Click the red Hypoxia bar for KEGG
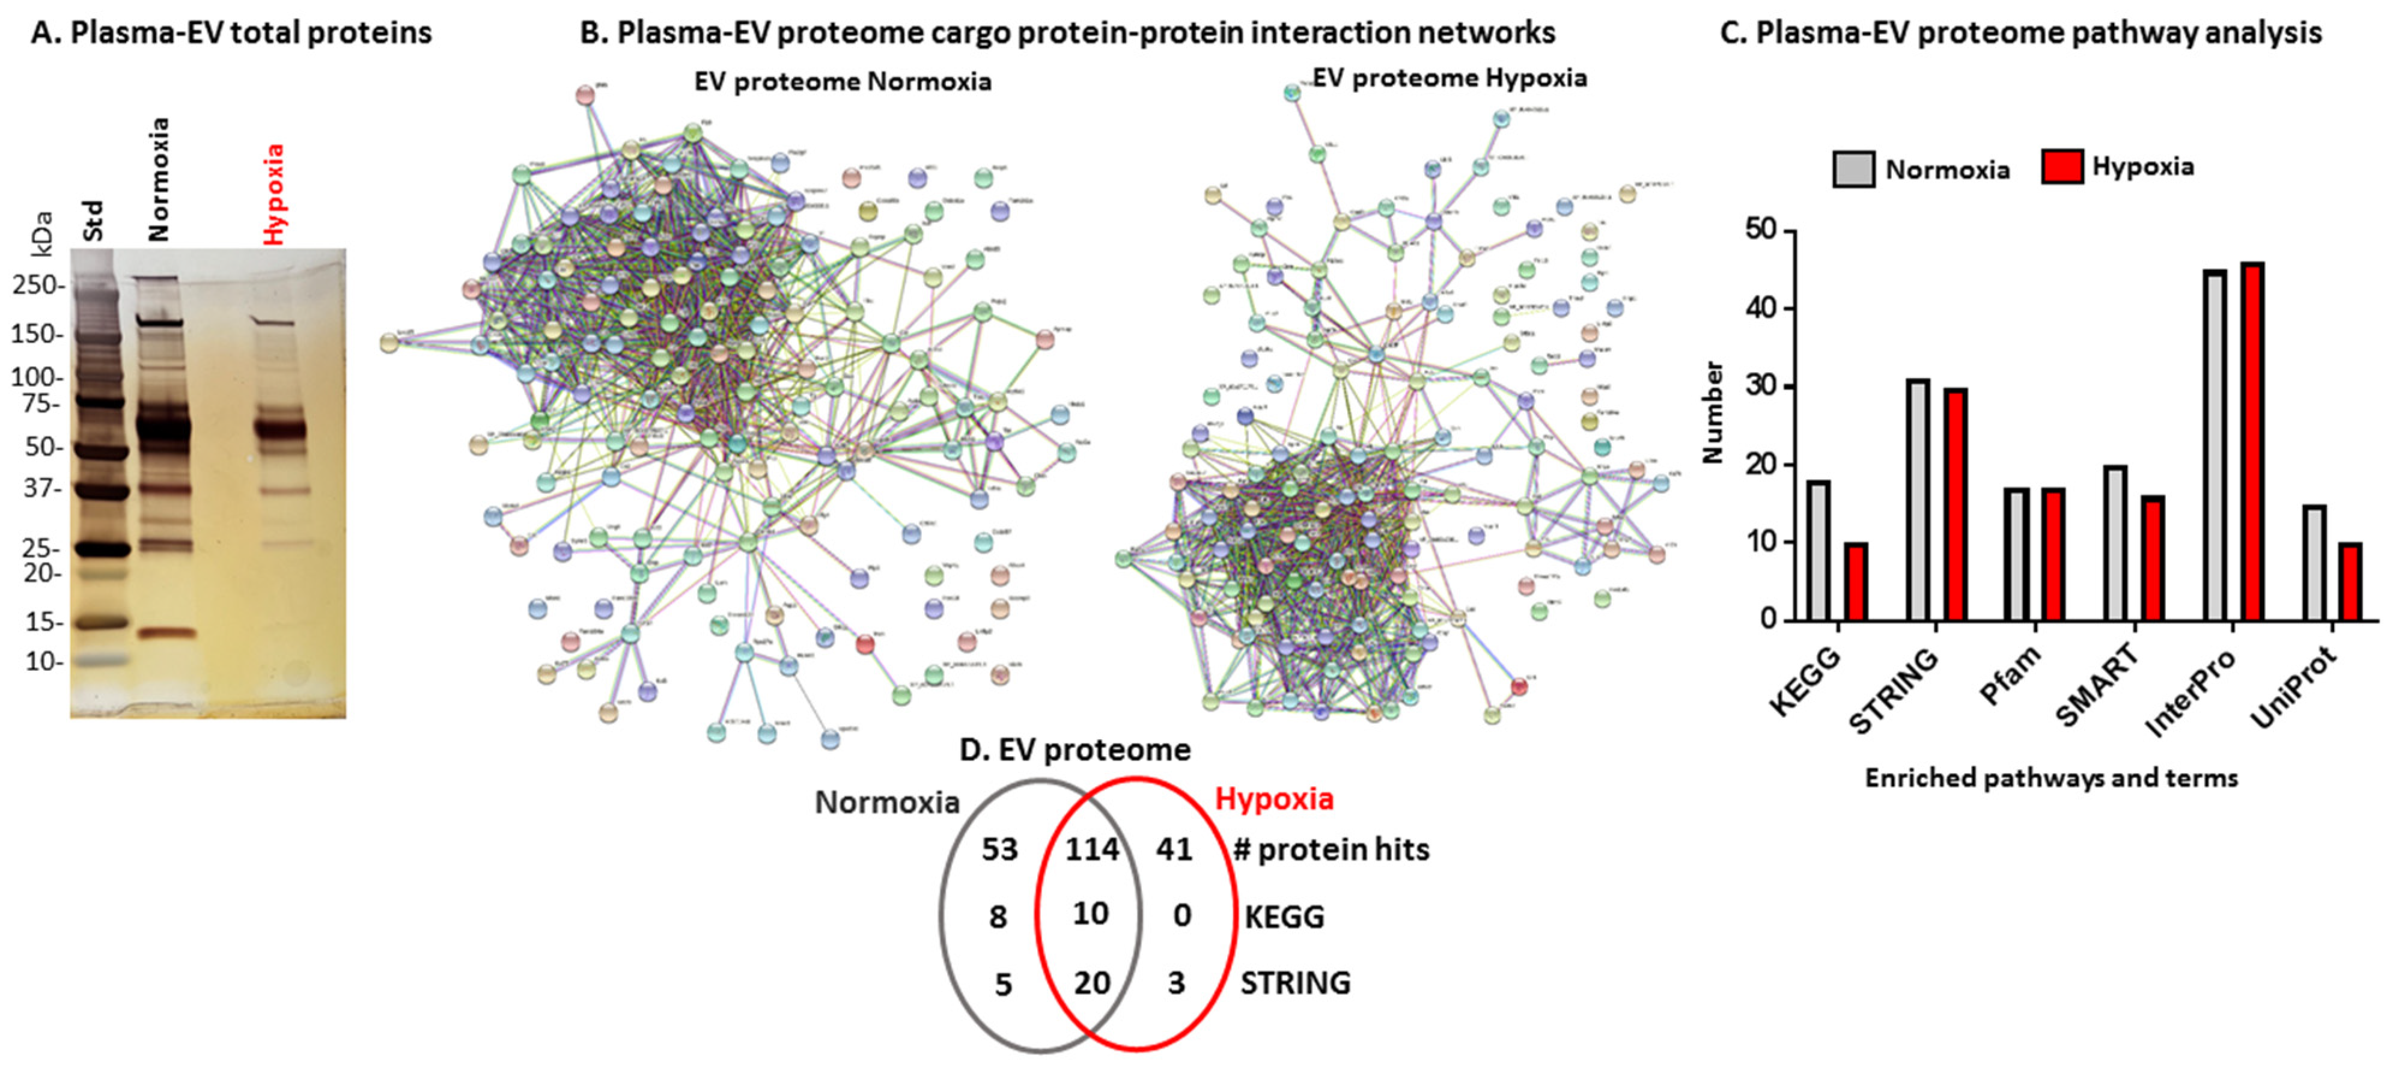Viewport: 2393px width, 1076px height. tap(1855, 582)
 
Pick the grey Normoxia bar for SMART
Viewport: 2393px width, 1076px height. tap(2115, 543)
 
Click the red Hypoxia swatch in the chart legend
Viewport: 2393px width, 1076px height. tap(2061, 167)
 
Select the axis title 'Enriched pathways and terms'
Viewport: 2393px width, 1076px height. tap(2051, 778)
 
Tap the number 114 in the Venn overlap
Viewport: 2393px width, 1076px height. tap(1091, 848)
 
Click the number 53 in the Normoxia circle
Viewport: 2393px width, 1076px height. tap(999, 848)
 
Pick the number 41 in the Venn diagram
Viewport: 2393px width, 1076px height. tap(1174, 848)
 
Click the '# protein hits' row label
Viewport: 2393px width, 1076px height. tap(1331, 848)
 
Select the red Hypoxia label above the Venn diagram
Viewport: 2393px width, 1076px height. tap(1273, 798)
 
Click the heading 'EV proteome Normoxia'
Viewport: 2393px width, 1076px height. tap(843, 82)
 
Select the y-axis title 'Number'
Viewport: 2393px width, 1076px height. tap(1712, 412)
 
